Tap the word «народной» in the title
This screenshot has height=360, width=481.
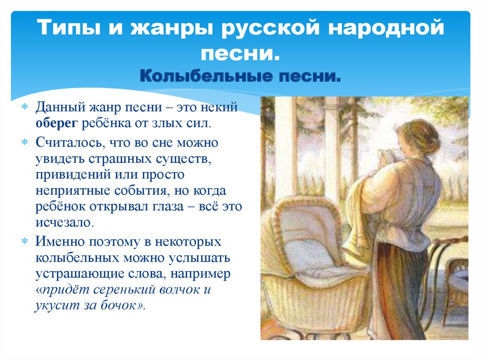[386, 28]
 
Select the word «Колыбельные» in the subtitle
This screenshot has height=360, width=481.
[207, 76]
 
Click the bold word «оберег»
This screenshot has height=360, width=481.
[57, 123]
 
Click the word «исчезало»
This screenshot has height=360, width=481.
[64, 222]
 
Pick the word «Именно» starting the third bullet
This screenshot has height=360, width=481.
[60, 242]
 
